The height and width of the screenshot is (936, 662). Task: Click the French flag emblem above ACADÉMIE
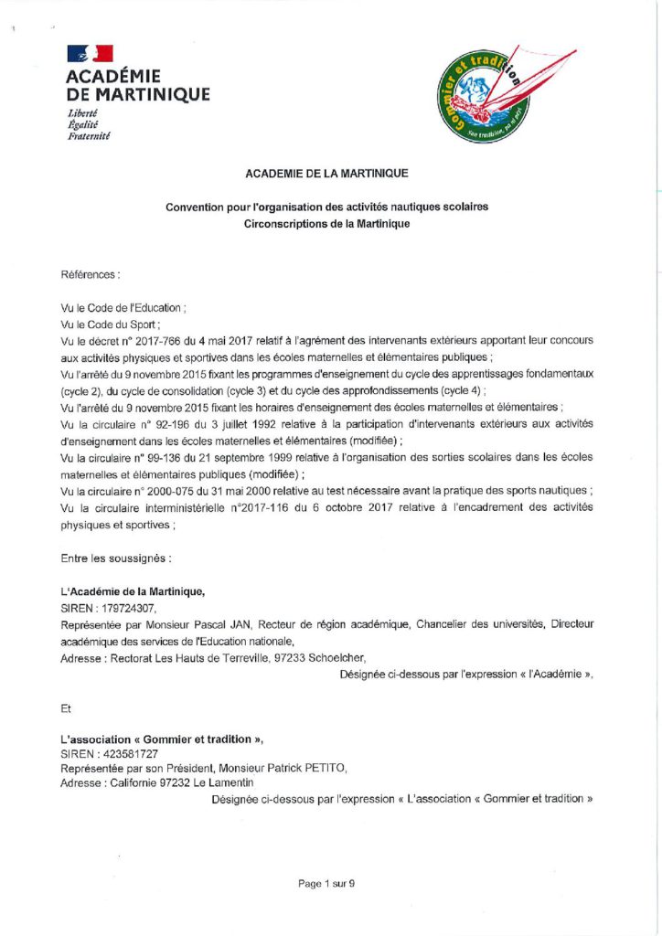pyautogui.click(x=91, y=55)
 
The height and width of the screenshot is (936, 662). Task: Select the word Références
pyautogui.click(x=90, y=274)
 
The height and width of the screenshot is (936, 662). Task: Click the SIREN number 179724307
pyautogui.click(x=128, y=607)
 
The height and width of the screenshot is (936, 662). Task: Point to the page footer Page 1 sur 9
pyautogui.click(x=326, y=883)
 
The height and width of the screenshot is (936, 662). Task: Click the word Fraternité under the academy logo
pyautogui.click(x=89, y=135)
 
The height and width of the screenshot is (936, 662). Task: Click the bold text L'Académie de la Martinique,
pyautogui.click(x=126, y=591)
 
